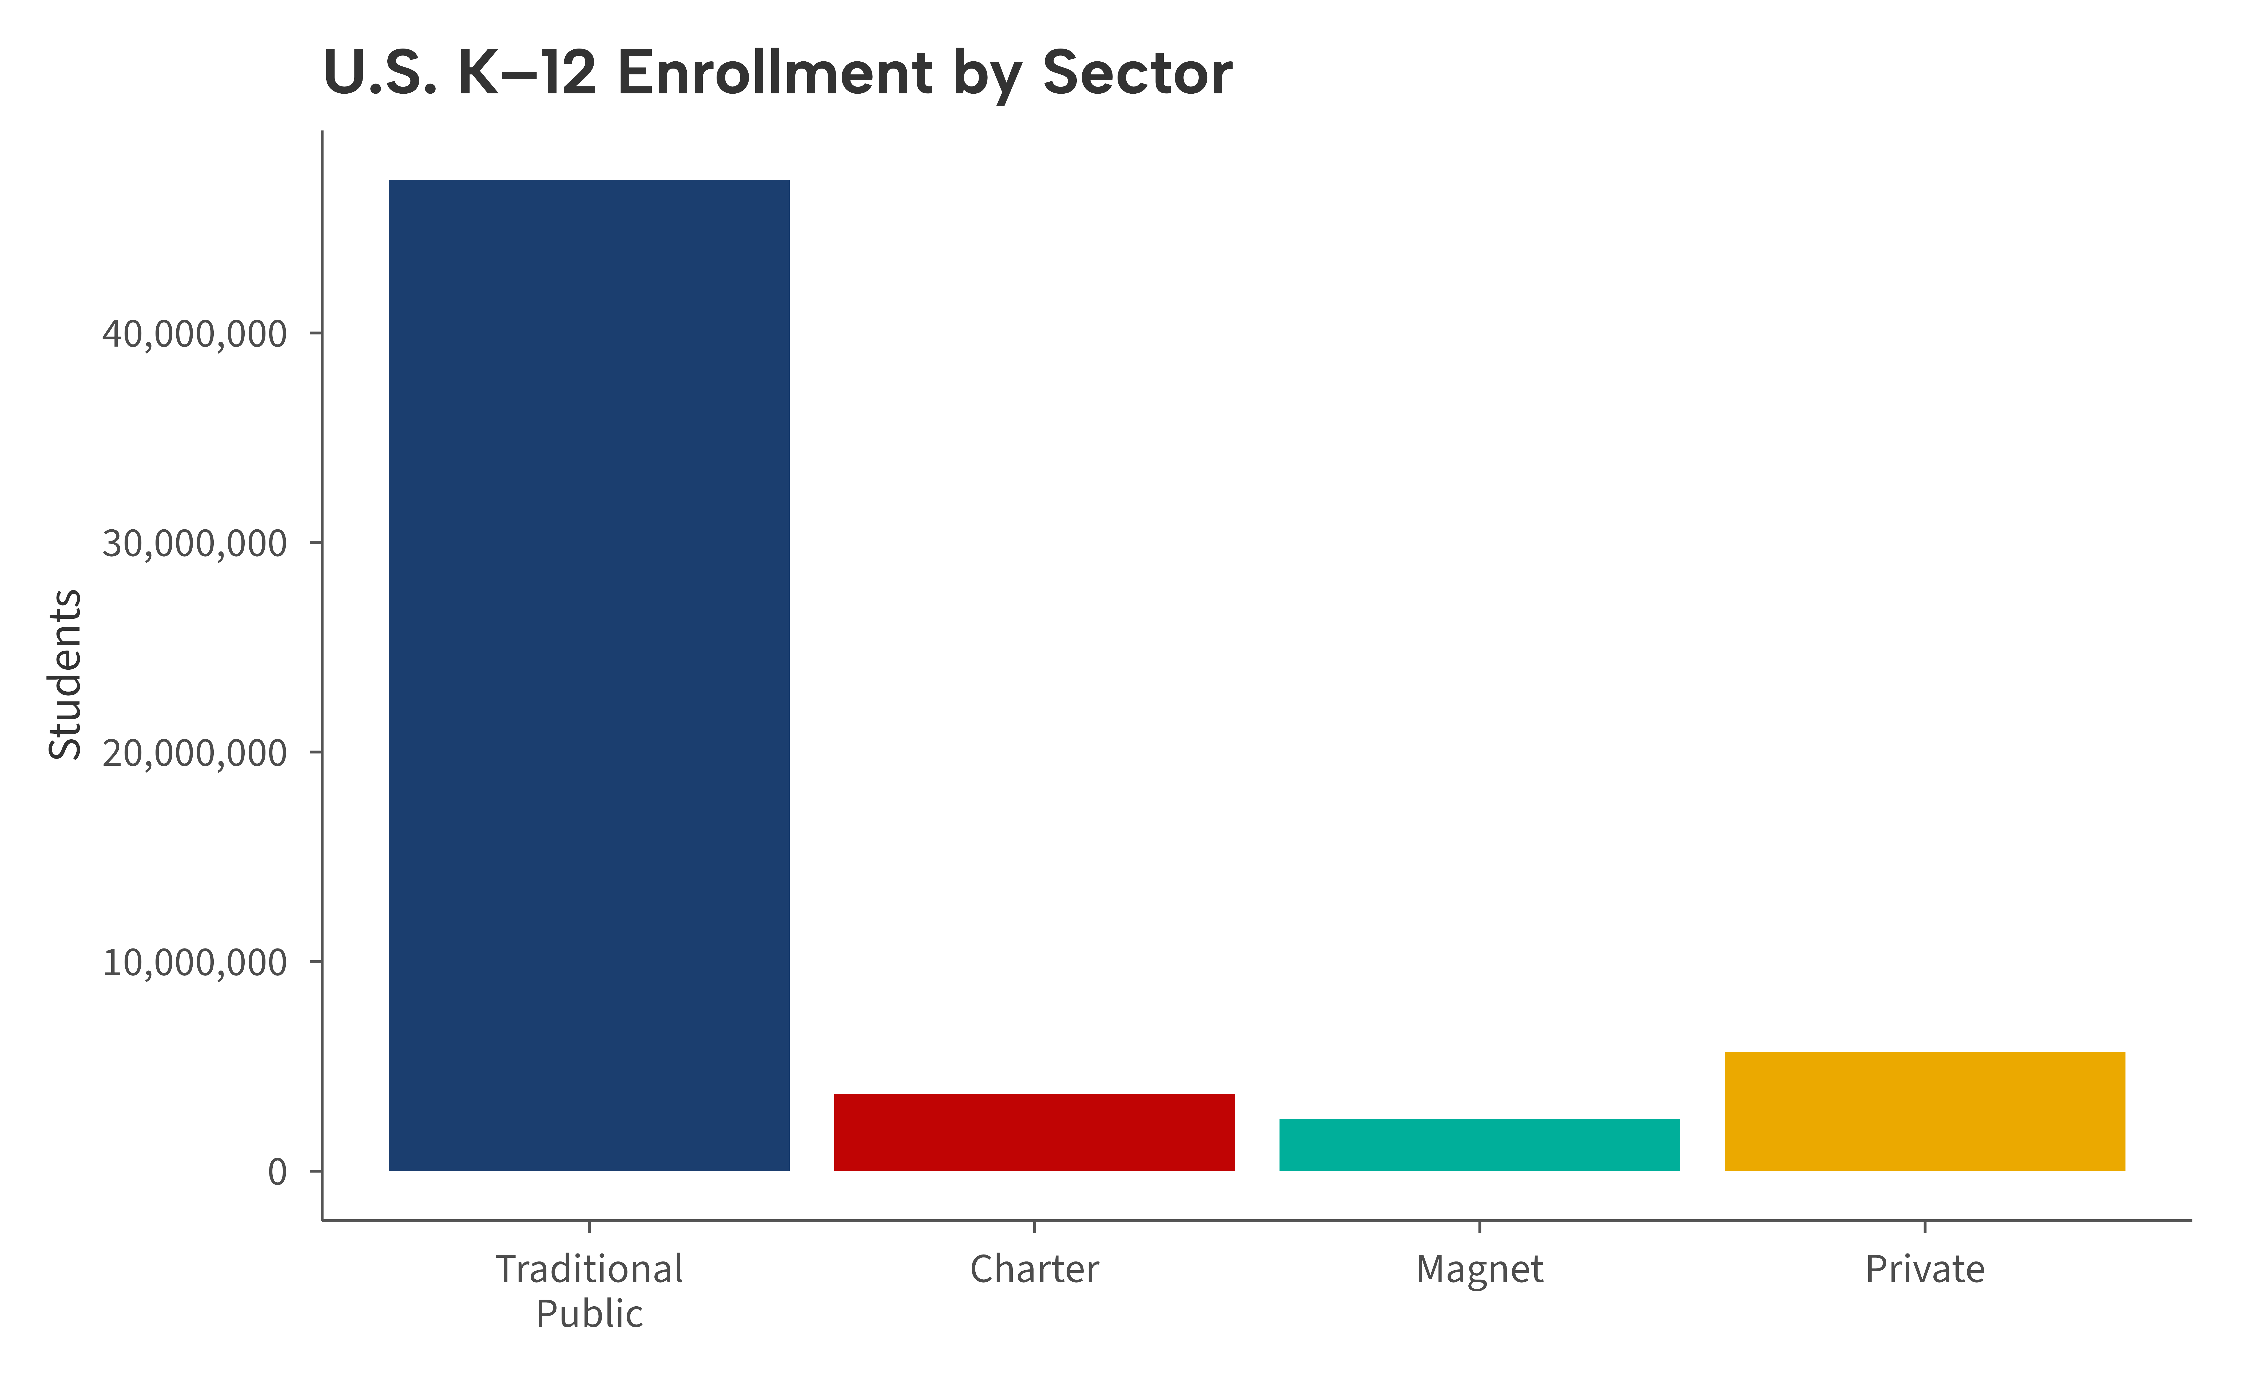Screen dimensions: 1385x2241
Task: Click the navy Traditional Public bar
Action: pyautogui.click(x=589, y=675)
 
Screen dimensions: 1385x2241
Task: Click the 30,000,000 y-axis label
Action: pyautogui.click(x=194, y=543)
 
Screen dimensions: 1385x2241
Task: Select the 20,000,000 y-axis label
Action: pyautogui.click(x=194, y=753)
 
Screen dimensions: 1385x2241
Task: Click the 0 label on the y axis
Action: pyautogui.click(x=277, y=1172)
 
